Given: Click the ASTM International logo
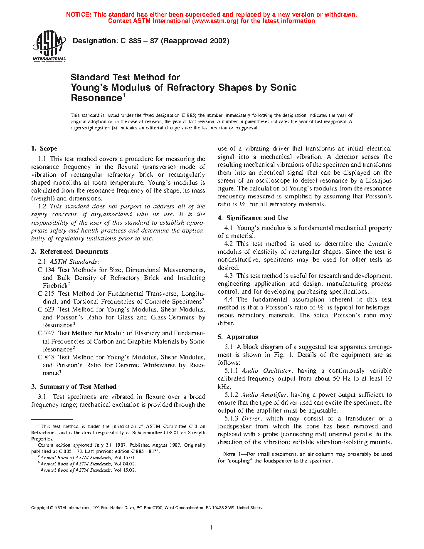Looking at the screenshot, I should (49, 46).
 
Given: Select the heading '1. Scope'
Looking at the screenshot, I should (44, 148).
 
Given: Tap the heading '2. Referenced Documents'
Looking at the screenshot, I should (69, 252).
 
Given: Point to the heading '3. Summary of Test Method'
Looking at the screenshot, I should (74, 387).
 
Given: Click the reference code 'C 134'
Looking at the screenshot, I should (46, 270).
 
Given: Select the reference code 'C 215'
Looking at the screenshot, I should (46, 294).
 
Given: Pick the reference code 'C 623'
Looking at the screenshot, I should (46, 309).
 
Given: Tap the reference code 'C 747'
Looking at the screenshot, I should (46, 333).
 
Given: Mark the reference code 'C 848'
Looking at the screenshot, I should (46, 357).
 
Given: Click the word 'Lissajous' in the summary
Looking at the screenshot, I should (378, 181).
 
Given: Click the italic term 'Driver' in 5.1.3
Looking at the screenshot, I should (251, 418).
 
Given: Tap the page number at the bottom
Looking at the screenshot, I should (212, 528).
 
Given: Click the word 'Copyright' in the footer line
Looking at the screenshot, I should (40, 507).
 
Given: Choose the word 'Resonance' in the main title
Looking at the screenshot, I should (96, 98).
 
